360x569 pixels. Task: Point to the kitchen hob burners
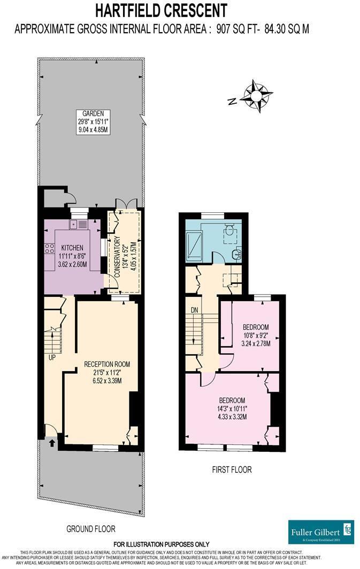coord(49,248)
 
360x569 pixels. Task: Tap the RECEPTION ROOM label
coord(107,364)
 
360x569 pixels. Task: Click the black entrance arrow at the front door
coord(52,442)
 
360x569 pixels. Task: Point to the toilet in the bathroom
coord(229,230)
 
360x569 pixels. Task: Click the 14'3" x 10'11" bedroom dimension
coord(232,409)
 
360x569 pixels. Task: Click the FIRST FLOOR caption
coord(228,470)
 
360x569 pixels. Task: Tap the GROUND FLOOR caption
coord(91,529)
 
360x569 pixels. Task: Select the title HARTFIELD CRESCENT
coord(161,10)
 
